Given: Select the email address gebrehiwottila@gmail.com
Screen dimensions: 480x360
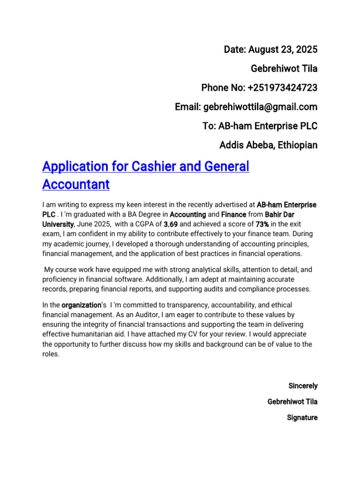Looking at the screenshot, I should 260,107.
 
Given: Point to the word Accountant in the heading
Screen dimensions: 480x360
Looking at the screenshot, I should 76,185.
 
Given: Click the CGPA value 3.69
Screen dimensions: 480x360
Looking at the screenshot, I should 171,224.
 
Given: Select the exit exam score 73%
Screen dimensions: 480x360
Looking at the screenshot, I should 262,224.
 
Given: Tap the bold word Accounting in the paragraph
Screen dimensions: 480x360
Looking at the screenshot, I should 187,214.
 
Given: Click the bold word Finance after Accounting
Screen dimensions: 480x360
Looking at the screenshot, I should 233,214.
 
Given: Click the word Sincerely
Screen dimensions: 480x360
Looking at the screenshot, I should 303,386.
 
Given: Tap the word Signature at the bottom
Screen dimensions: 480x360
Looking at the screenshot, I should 302,417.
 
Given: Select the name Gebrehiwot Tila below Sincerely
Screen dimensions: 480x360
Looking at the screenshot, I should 292,402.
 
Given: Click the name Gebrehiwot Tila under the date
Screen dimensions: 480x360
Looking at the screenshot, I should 284,68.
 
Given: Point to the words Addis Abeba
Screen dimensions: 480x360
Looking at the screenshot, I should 246,145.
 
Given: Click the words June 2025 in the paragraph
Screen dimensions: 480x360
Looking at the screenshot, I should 91,224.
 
